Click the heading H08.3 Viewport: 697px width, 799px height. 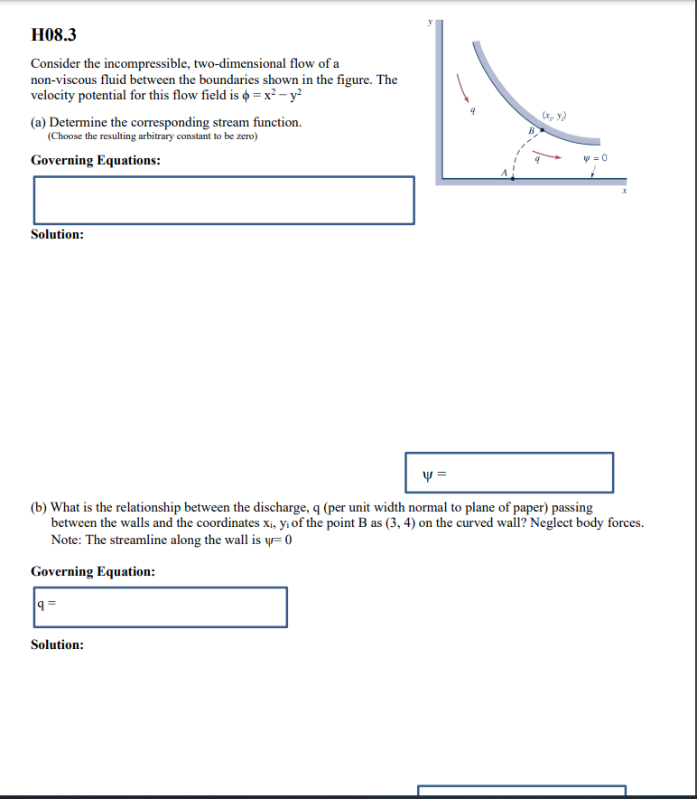53,35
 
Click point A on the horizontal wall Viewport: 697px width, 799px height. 513,178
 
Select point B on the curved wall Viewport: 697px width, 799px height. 543,130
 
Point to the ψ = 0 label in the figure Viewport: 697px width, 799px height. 597,157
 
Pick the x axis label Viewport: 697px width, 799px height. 622,193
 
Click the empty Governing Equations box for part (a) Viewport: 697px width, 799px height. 224,200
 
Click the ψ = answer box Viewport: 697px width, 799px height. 509,473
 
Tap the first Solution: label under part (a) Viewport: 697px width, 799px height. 57,234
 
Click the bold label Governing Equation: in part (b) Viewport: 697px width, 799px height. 92,571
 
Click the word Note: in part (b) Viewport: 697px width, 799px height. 66,540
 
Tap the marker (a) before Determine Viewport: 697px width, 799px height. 39,122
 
